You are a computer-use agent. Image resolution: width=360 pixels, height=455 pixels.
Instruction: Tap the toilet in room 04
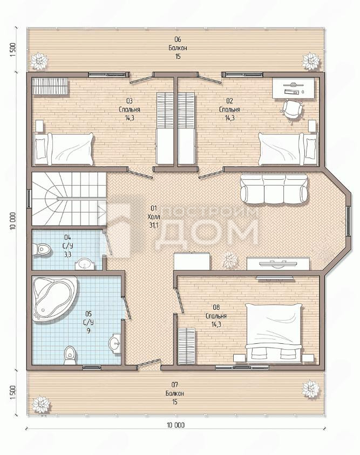click(x=42, y=249)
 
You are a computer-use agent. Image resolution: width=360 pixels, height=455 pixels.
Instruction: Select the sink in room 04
click(x=85, y=264)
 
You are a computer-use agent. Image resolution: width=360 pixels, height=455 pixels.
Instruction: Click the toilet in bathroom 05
click(x=70, y=355)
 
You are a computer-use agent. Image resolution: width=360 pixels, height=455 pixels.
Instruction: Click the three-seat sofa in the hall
click(x=274, y=188)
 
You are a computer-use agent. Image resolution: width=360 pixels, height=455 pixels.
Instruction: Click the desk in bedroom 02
click(x=293, y=88)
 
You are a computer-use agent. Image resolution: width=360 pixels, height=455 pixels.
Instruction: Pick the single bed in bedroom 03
click(x=63, y=149)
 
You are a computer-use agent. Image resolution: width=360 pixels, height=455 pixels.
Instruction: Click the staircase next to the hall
click(x=69, y=199)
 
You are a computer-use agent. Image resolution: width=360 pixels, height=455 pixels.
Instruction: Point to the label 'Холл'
click(x=154, y=217)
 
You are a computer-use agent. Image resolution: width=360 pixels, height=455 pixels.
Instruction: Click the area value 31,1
click(x=154, y=225)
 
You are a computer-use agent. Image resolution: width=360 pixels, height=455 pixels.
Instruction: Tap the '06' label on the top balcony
click(x=178, y=39)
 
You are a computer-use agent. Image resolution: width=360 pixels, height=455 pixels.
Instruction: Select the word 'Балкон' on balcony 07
click(x=175, y=393)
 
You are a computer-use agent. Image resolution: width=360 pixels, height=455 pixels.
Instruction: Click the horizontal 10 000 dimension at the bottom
click(x=176, y=425)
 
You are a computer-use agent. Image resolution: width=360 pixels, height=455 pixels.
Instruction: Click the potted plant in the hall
click(x=229, y=259)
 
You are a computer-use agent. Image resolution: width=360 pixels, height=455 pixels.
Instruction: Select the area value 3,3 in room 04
click(x=67, y=254)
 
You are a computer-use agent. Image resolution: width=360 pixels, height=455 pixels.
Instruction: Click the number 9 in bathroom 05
click(x=89, y=331)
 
